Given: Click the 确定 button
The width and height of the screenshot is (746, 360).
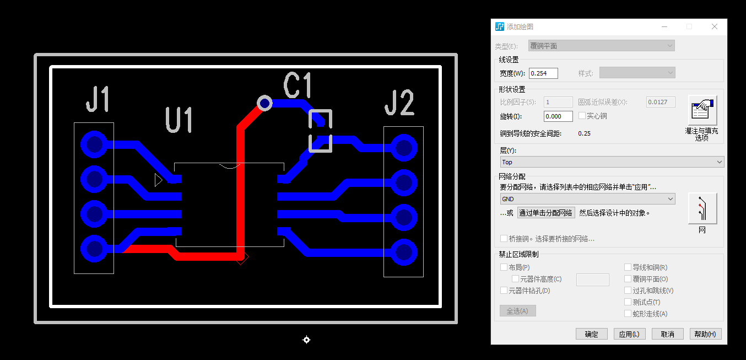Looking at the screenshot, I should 591,334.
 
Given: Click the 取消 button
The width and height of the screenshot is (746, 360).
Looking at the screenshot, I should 667,334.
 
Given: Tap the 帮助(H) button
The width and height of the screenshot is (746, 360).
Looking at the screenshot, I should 705,334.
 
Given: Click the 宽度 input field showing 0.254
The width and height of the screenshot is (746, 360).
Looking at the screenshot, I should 543,73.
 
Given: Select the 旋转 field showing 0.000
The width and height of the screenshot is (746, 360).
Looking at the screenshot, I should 558,116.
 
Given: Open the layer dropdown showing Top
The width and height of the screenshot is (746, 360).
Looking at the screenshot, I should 612,162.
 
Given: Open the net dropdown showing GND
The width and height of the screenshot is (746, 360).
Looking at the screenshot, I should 587,198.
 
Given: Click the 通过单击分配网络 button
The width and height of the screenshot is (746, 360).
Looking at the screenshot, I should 546,213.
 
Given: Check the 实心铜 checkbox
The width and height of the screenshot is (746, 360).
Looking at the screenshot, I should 582,116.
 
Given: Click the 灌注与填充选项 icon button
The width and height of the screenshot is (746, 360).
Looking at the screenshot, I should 702,110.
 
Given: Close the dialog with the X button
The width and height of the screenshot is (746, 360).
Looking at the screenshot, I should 715,26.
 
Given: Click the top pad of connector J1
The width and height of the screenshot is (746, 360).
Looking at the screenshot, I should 94,144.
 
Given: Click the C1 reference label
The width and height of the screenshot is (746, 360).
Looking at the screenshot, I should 298,85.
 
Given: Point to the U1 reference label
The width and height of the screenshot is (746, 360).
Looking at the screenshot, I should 180,120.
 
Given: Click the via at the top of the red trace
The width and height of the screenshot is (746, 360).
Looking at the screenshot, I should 265,103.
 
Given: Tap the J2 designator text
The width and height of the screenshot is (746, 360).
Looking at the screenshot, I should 399,103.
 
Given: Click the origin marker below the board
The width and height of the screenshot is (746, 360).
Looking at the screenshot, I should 307,340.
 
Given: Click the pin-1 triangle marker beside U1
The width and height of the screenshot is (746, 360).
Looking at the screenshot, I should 158,180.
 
